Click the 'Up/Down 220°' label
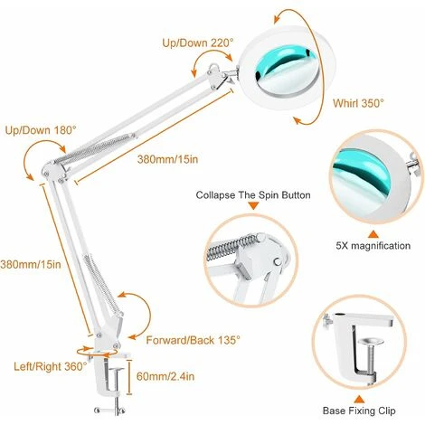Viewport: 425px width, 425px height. coord(198,42)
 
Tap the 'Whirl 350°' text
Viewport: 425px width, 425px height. coord(358,103)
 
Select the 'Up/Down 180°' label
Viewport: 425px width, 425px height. coord(41,130)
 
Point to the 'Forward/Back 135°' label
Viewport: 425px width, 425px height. coord(194,340)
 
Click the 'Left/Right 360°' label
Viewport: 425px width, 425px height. coord(51,366)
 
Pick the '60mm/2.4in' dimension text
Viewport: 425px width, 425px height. coord(165,376)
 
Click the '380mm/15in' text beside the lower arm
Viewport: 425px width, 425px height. coord(31,264)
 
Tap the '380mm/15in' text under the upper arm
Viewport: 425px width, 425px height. coord(167,159)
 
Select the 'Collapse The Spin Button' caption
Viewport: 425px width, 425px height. coord(253,195)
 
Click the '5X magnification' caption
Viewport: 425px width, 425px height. coord(373,246)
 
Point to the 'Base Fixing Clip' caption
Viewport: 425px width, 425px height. coord(359,411)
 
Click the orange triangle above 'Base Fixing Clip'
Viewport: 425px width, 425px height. coord(359,400)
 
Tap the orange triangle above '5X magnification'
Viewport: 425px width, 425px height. coord(373,234)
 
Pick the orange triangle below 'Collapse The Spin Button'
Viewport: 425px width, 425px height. coord(253,206)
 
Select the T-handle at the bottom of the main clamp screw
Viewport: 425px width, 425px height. coord(109,410)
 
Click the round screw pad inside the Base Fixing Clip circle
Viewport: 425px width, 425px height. coord(371,342)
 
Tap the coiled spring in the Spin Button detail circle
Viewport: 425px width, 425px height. coord(231,247)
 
